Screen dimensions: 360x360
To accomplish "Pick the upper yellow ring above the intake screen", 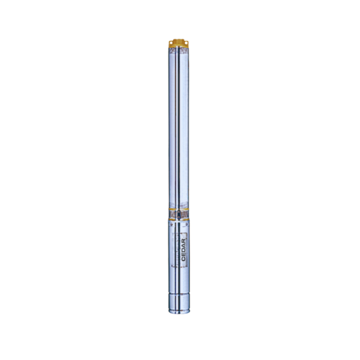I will click(179, 210).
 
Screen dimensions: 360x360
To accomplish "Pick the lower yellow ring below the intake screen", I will click(179, 220).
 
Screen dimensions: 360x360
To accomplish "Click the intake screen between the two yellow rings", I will click(174, 215).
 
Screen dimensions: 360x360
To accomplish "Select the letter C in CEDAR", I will click(184, 258).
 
